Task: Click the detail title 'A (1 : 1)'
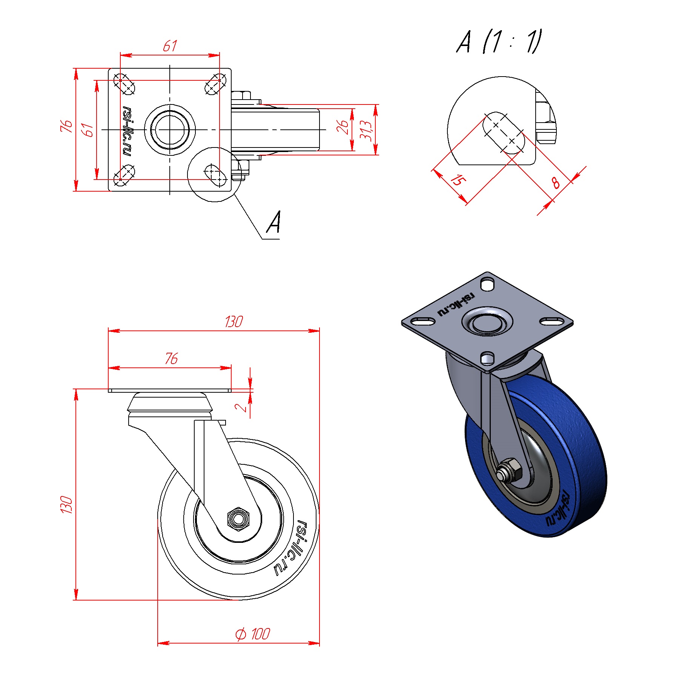(499, 41)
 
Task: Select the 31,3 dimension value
(366, 130)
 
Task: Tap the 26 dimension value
(342, 127)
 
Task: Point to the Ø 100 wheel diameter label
(252, 634)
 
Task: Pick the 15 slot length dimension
(458, 180)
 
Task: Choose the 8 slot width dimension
(555, 183)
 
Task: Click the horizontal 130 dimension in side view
(234, 322)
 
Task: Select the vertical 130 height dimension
(66, 505)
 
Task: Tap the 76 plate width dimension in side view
(171, 358)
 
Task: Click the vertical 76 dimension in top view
(66, 126)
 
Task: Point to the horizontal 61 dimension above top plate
(170, 46)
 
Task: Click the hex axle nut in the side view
(238, 519)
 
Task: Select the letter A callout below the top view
(274, 222)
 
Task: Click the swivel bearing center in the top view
(170, 130)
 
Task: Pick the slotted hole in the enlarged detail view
(504, 132)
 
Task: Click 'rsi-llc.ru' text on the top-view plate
(128, 130)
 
